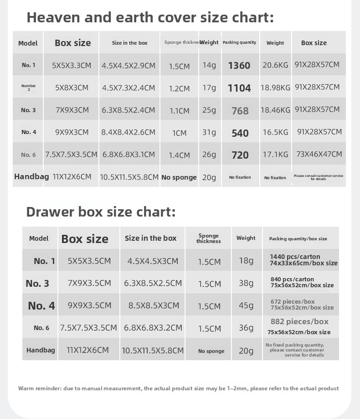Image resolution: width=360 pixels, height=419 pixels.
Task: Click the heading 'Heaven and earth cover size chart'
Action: [x=150, y=17]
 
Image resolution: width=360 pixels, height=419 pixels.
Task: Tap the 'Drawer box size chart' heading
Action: [x=101, y=212]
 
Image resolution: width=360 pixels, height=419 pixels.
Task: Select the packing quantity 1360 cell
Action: [x=239, y=66]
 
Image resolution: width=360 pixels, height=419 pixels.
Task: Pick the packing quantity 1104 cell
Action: [x=239, y=88]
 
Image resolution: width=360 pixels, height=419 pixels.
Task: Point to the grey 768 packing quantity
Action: [x=240, y=111]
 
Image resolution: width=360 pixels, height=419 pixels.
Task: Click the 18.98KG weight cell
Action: [x=275, y=88]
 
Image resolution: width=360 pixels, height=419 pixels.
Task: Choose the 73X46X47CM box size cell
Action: [x=319, y=154]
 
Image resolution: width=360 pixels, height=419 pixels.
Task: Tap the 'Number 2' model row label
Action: [x=28, y=88]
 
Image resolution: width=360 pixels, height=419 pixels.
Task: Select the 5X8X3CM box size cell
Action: [x=72, y=88]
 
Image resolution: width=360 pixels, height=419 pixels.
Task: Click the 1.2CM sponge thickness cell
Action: [x=179, y=88]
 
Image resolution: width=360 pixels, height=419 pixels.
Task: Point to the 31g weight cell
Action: [x=209, y=132]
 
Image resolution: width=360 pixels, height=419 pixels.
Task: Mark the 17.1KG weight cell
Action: [x=275, y=155]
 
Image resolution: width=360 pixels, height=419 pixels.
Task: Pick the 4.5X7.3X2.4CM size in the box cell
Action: [x=129, y=88]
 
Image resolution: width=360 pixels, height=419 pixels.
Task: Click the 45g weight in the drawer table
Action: [x=246, y=305]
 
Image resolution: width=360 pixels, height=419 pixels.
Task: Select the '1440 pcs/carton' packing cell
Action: [x=295, y=257]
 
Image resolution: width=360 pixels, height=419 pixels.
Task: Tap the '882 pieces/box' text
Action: [x=299, y=321]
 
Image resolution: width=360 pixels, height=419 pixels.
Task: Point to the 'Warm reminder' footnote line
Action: [x=178, y=388]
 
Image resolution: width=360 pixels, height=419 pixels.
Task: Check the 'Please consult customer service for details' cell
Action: [x=319, y=177]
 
